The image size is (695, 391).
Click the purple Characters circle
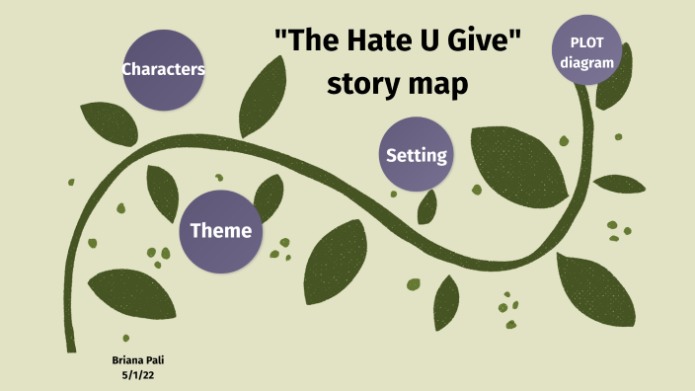click(163, 69)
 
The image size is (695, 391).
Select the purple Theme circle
click(220, 231)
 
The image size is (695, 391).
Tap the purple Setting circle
click(417, 155)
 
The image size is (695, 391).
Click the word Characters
click(163, 69)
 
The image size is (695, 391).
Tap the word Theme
click(220, 231)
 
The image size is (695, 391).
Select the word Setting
click(417, 155)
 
